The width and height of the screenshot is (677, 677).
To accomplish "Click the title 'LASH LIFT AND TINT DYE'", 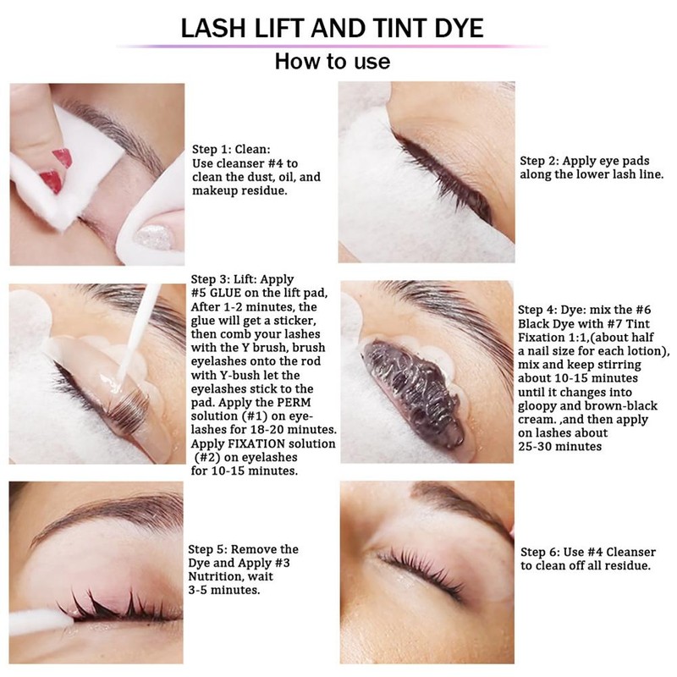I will [333, 28].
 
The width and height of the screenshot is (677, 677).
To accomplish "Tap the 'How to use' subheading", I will [333, 62].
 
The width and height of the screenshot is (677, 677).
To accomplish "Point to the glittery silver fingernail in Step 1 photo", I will [155, 234].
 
